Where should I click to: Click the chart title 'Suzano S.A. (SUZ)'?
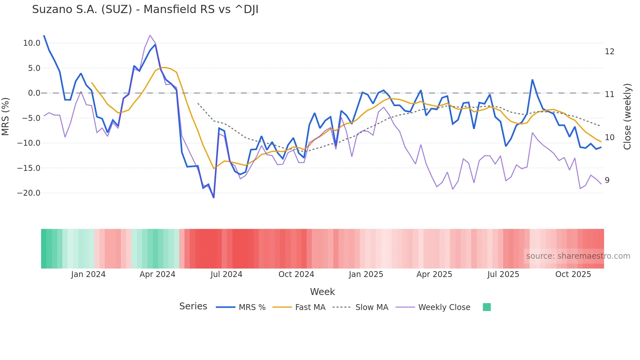coord(145,9)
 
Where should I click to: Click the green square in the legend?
coord(487,307)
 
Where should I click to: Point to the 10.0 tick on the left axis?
coord(32,43)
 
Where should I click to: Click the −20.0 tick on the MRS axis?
coord(29,193)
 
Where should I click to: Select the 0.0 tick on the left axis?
coord(34,93)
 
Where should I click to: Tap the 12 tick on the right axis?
coord(609,52)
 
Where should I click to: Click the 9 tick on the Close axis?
coord(607,180)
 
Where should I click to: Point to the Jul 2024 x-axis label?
coord(226,274)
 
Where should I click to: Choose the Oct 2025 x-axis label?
coord(573,274)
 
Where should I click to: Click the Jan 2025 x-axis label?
coord(366,274)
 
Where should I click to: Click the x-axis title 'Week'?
coord(322,292)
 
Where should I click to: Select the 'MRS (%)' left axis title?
coord(6,117)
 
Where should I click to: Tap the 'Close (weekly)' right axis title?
coord(627,117)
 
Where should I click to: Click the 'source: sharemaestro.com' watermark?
coord(578,256)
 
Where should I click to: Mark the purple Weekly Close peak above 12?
coord(150,35)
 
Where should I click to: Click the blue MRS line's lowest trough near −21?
coord(214,197)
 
